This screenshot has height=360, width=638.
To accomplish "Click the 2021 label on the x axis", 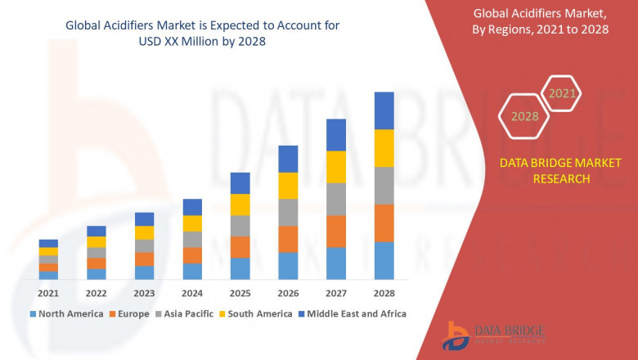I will [x=48, y=293].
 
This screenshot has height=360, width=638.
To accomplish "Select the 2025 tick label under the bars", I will [x=240, y=293].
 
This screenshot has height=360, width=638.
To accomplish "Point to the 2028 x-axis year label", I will [x=384, y=293].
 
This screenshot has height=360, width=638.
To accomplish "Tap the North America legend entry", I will [x=66, y=313].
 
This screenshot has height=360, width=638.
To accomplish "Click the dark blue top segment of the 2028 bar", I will [x=384, y=110].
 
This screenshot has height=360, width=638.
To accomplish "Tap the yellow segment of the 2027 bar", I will [x=336, y=167].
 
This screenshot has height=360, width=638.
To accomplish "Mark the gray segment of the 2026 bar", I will [x=288, y=212].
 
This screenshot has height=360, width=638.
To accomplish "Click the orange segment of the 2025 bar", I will [x=240, y=247].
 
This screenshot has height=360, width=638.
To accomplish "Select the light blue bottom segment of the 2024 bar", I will [x=192, y=271].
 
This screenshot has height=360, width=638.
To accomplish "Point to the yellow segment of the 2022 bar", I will [x=97, y=241].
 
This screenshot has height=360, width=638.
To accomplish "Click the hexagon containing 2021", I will [x=562, y=93].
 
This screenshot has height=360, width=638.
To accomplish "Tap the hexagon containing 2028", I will [x=524, y=116].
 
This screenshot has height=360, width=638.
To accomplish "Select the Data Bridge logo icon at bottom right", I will [x=455, y=335].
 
